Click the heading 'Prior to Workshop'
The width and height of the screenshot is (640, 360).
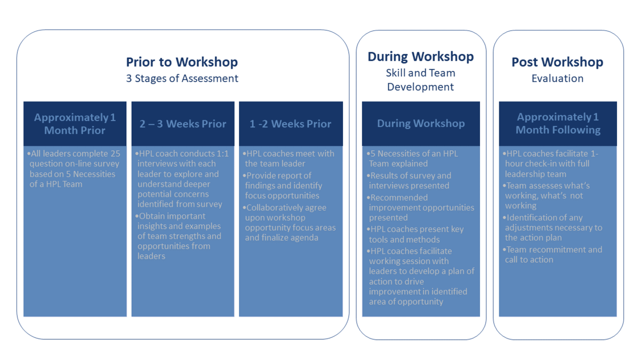tap(182, 62)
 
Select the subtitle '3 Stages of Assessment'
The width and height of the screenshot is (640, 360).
tap(182, 78)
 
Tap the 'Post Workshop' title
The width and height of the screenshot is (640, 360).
tap(557, 62)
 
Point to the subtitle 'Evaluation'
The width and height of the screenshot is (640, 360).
tap(557, 78)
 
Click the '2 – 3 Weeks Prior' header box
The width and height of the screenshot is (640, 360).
tap(183, 124)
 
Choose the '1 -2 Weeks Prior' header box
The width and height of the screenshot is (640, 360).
tap(291, 124)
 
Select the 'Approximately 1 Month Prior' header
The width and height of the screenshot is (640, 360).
tap(75, 124)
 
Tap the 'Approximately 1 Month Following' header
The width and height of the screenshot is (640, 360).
tap(558, 124)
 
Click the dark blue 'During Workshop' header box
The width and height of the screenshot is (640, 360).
tap(421, 124)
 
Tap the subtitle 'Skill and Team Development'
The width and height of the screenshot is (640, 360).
tap(421, 79)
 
